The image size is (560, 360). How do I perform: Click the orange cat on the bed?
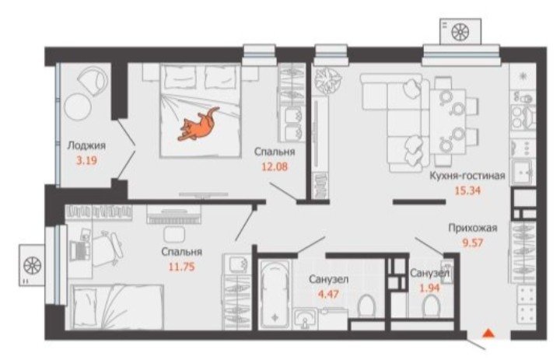pyautogui.click(x=198, y=124)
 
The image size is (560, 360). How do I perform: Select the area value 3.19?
pyautogui.click(x=87, y=160)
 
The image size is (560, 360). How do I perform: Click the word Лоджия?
pyautogui.click(x=86, y=145)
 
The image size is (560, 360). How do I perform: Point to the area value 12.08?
pyautogui.click(x=275, y=166)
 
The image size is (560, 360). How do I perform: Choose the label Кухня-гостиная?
pyautogui.click(x=467, y=176)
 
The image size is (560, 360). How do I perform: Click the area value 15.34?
pyautogui.click(x=467, y=190)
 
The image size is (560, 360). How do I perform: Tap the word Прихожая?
pyautogui.click(x=473, y=228)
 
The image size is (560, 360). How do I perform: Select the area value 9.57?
pyautogui.click(x=473, y=243)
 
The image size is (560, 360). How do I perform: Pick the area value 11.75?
pyautogui.click(x=182, y=267)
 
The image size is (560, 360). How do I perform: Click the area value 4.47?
pyautogui.click(x=328, y=294)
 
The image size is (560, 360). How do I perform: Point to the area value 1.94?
pyautogui.click(x=429, y=288)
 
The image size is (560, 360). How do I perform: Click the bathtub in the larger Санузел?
pyautogui.click(x=275, y=295)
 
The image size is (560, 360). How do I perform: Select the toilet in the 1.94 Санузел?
pyautogui.click(x=431, y=306)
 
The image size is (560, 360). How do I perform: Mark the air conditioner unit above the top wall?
pyautogui.click(x=460, y=32)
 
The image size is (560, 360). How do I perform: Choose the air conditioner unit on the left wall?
pyautogui.click(x=32, y=265)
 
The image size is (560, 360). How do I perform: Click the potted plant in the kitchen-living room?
pyautogui.click(x=327, y=80)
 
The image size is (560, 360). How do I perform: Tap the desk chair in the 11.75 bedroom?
pyautogui.click(x=108, y=247)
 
